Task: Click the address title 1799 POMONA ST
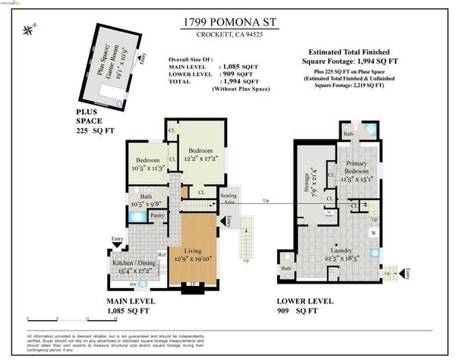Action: [x=229, y=23]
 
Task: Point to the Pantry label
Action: [x=158, y=216]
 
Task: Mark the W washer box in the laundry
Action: [x=373, y=233]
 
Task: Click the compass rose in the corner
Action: [x=29, y=30]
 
